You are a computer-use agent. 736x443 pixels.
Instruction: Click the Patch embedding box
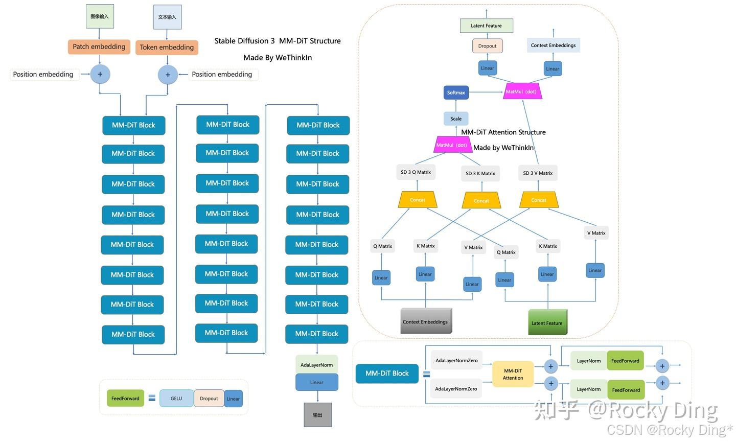pyautogui.click(x=99, y=47)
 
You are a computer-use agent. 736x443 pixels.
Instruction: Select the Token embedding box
pyautogui.click(x=167, y=48)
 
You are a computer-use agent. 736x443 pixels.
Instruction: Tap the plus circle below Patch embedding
pyautogui.click(x=100, y=74)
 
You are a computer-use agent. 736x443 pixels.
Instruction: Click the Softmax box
pyautogui.click(x=456, y=92)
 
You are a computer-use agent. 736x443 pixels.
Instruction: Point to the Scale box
pyautogui.click(x=456, y=119)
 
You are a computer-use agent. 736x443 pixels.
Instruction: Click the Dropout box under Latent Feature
pyautogui.click(x=487, y=46)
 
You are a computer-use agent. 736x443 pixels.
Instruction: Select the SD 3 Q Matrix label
pyautogui.click(x=416, y=172)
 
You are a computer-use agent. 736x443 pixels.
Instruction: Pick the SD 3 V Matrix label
pyautogui.click(x=538, y=173)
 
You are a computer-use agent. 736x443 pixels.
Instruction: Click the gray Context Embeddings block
pyautogui.click(x=426, y=321)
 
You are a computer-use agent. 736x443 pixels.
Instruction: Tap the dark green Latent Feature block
pyautogui.click(x=547, y=322)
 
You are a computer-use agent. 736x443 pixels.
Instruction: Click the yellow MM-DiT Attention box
pyautogui.click(x=513, y=374)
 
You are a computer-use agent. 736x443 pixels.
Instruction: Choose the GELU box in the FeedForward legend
pyautogui.click(x=176, y=399)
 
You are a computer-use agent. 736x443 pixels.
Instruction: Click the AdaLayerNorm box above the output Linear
pyautogui.click(x=316, y=365)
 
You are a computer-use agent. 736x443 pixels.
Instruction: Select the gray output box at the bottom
pyautogui.click(x=317, y=415)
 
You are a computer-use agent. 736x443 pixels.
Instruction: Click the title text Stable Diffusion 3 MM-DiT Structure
pyautogui.click(x=278, y=41)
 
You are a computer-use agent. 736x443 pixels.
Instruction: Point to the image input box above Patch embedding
pyautogui.click(x=100, y=16)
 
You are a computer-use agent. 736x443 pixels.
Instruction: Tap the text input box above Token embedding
pyautogui.click(x=167, y=17)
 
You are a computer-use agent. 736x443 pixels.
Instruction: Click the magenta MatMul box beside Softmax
pyautogui.click(x=522, y=91)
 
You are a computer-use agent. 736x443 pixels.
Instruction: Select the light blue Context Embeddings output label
pyautogui.click(x=553, y=45)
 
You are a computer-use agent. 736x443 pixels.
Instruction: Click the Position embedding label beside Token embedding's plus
pyautogui.click(x=222, y=75)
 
